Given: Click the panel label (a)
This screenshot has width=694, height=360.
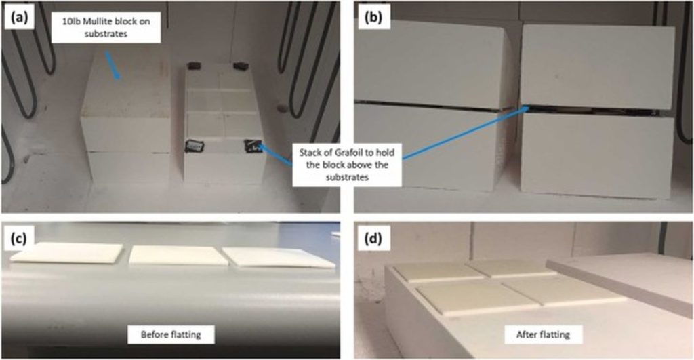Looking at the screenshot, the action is pyautogui.click(x=19, y=18).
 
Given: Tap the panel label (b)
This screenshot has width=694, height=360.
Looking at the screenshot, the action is pyautogui.click(x=373, y=18).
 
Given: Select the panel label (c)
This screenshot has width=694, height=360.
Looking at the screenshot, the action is pyautogui.click(x=19, y=239).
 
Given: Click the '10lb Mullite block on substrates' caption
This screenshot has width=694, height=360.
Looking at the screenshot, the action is pyautogui.click(x=106, y=27).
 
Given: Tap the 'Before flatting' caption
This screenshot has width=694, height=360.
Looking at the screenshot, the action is pyautogui.click(x=171, y=334).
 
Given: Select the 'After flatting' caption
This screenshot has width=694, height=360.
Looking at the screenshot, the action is pyautogui.click(x=543, y=334).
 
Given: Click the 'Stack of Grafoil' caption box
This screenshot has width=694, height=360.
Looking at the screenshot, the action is pyautogui.click(x=346, y=165).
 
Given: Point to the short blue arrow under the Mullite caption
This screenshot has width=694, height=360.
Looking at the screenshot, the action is pyautogui.click(x=112, y=65).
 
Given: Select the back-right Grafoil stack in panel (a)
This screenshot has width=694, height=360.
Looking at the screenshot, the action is pyautogui.click(x=241, y=66).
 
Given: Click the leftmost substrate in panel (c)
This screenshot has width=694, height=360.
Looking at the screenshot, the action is pyautogui.click(x=66, y=252).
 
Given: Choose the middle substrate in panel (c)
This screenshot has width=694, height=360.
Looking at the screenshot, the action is pyautogui.click(x=178, y=256).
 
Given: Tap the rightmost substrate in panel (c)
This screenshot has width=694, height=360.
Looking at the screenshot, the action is pyautogui.click(x=279, y=258).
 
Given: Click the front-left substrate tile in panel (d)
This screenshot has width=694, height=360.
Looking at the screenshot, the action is pyautogui.click(x=478, y=298).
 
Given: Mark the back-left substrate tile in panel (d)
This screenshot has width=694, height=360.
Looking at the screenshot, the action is pyautogui.click(x=438, y=271).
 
